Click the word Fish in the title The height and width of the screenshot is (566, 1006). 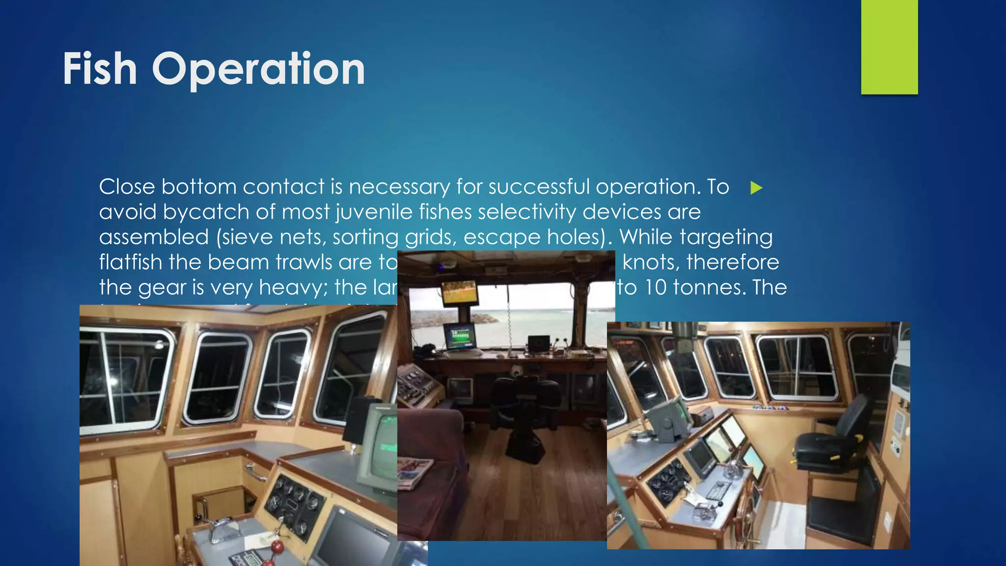coord(100,69)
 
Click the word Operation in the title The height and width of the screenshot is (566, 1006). coord(258,69)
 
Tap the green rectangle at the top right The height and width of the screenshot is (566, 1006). coord(889,47)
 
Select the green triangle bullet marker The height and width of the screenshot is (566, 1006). coord(756,188)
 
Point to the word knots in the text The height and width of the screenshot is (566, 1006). coord(650,262)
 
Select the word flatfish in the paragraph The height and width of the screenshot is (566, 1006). coord(130,262)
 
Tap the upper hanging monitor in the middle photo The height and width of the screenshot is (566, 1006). coord(460,293)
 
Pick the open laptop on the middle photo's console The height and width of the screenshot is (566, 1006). coord(539,343)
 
